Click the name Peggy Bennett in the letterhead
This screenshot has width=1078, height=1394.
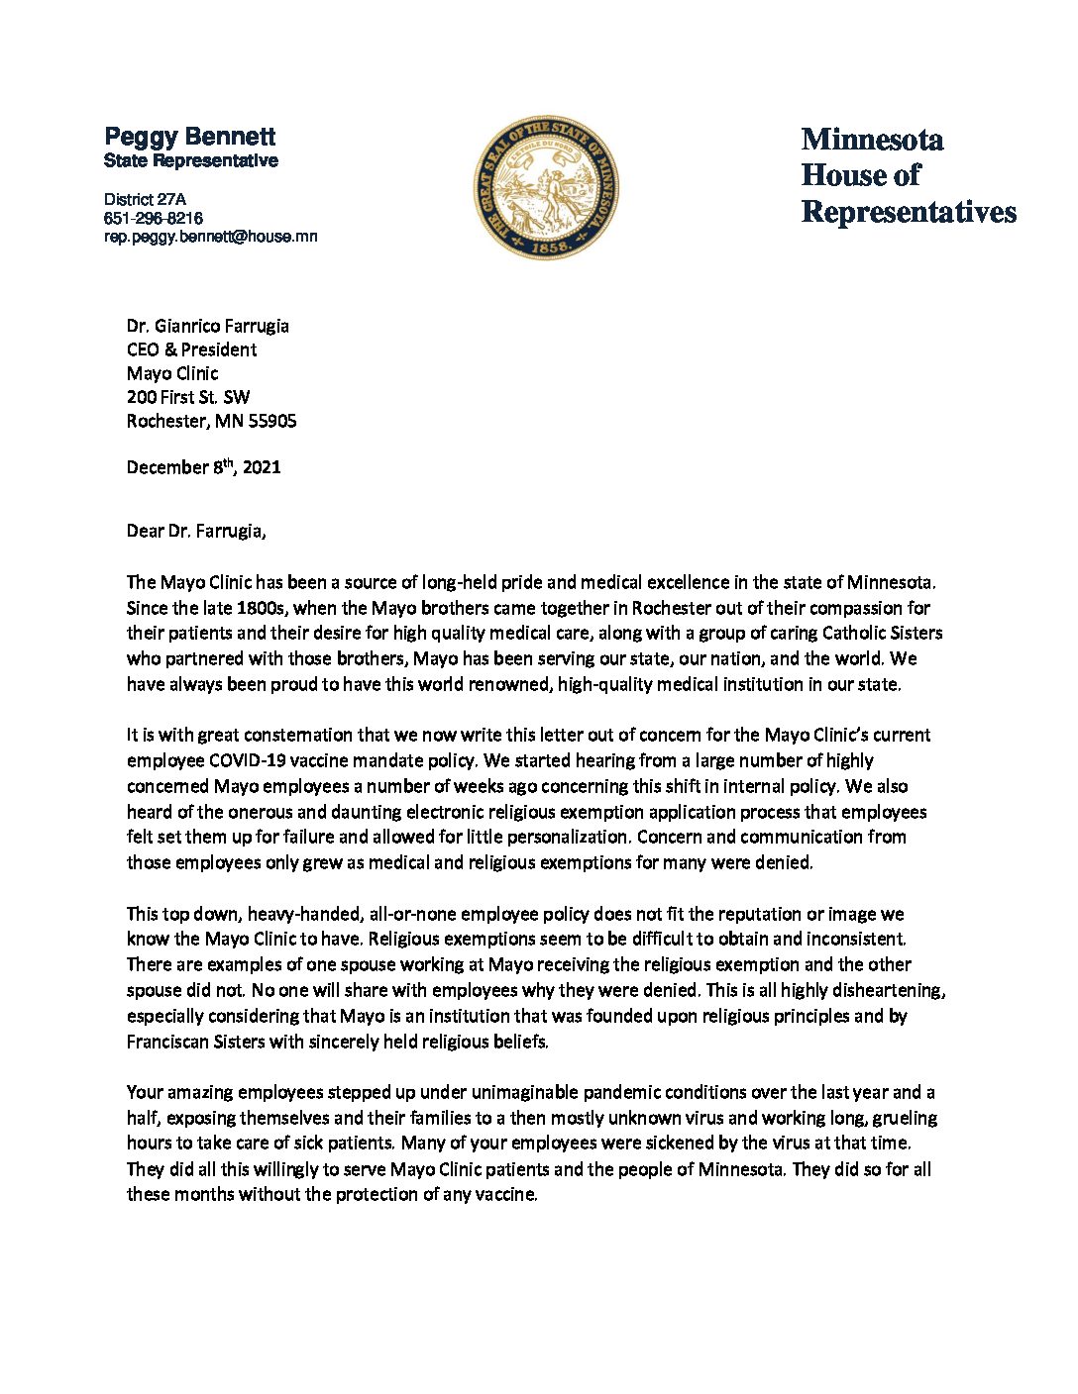pos(190,137)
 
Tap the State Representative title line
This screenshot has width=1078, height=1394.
pos(191,160)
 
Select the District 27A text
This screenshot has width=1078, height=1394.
pos(145,199)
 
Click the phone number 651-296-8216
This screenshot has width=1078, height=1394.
pos(154,218)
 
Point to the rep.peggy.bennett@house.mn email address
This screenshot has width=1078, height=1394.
pos(211,237)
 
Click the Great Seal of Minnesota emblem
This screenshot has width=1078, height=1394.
pos(546,187)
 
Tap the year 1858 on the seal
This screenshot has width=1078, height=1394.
pos(546,247)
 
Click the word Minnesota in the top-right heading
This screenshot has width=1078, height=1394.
pos(872,140)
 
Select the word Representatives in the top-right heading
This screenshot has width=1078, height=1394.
pos(909,212)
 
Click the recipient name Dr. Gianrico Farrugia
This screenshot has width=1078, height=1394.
pos(208,326)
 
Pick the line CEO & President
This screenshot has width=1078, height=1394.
pos(191,349)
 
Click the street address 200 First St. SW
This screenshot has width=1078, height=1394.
pos(188,397)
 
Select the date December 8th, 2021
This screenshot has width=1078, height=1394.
pos(204,467)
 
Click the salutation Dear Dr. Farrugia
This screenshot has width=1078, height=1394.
pos(196,531)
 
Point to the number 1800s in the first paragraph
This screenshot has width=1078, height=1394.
pos(263,608)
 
